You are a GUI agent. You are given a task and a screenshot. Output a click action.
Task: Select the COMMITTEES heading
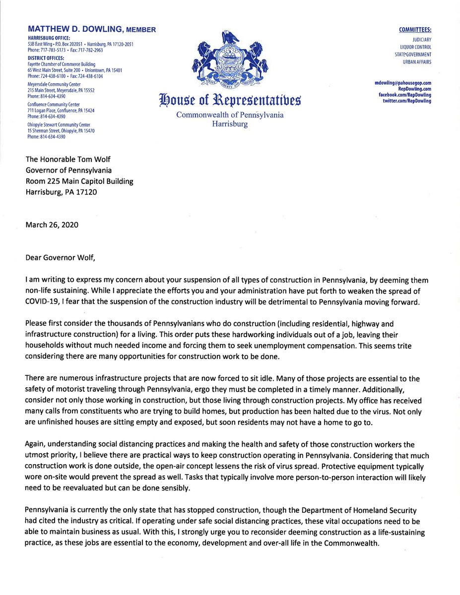tap(415, 30)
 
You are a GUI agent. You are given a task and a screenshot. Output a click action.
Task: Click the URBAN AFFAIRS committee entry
tap(417, 62)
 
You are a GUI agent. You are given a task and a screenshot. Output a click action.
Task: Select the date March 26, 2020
tap(52, 225)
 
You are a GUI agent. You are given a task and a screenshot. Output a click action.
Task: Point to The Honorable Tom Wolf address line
tap(68, 160)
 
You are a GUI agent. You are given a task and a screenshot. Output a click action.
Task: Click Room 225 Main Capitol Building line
tap(79, 181)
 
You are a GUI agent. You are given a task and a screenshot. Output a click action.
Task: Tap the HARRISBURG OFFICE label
tap(49, 38)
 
